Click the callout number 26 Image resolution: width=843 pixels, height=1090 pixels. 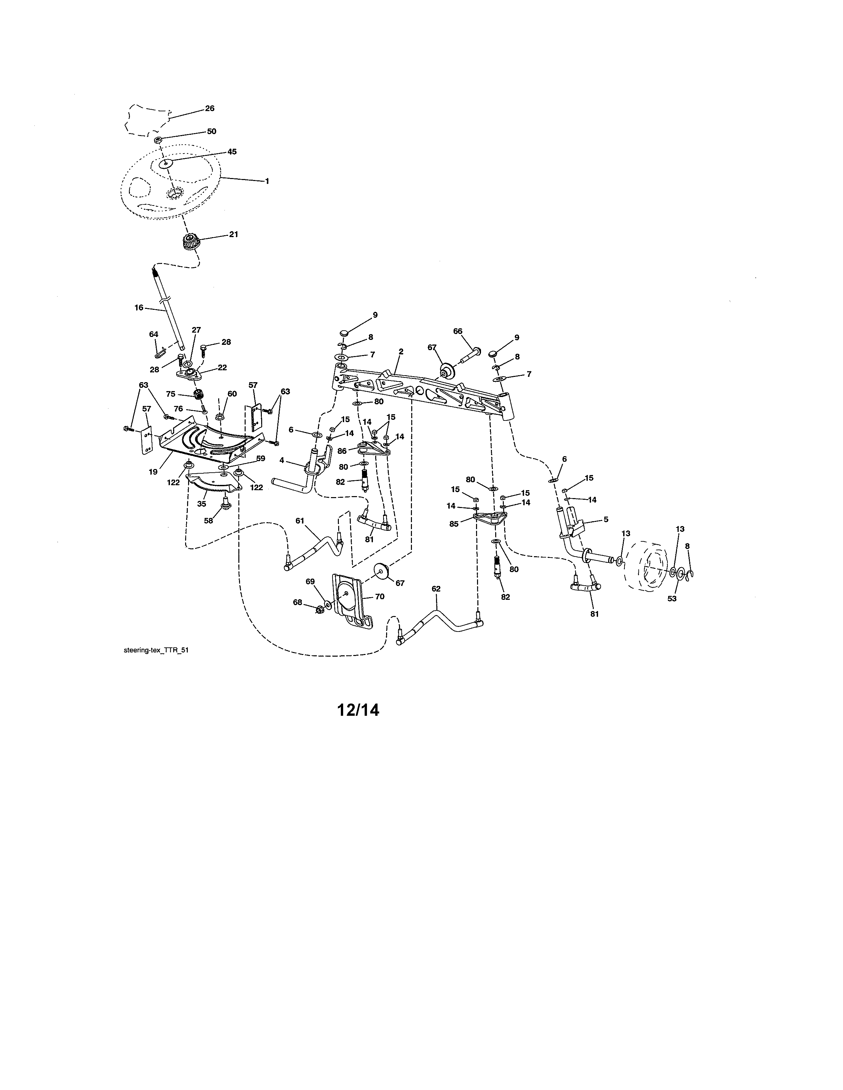point(210,108)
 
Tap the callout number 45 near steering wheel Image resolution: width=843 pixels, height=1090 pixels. point(232,152)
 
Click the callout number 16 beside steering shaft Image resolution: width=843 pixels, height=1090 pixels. point(139,308)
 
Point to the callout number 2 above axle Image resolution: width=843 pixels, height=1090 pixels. point(401,352)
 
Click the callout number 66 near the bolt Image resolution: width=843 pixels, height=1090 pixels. point(458,331)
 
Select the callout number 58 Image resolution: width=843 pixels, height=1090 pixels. point(208,521)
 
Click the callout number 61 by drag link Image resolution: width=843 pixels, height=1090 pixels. point(300,521)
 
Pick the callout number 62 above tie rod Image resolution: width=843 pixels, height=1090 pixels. point(436,589)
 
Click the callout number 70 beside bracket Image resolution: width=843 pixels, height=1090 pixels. point(380,597)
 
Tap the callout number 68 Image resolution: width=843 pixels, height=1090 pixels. point(297,602)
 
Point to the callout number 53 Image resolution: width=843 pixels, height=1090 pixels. point(672,599)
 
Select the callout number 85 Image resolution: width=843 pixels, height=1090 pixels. point(454,525)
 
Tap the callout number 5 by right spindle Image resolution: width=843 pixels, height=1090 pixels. point(606,520)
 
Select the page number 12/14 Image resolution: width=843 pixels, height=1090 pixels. point(358,710)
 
